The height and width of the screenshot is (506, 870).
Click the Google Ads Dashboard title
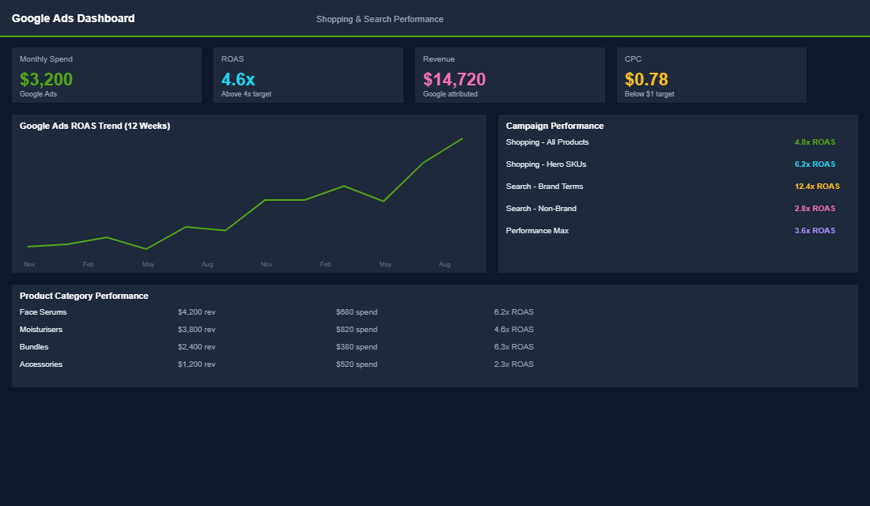coord(73,18)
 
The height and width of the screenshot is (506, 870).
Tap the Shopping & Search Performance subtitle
coord(380,19)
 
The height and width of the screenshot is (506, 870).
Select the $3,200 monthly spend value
coord(46,79)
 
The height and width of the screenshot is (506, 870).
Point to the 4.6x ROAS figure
coord(238,79)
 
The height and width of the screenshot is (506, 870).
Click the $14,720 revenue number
coord(454,79)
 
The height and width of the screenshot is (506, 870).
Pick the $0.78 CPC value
coord(646,79)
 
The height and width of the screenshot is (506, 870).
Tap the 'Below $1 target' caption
coord(649,94)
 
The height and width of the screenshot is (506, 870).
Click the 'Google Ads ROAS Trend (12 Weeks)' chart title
coord(95,126)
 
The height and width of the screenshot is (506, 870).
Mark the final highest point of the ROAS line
coord(463,138)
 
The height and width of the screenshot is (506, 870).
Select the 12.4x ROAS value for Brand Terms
coord(817,187)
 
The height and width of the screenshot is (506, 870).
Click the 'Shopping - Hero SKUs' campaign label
coord(546,164)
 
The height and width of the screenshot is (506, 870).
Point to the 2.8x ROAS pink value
coord(815,209)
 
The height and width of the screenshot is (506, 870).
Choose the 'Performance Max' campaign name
coord(537,231)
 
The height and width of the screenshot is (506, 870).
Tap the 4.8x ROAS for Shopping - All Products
coord(815,142)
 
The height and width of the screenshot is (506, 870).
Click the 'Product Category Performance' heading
coord(84,296)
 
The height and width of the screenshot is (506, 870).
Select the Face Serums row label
coord(43,312)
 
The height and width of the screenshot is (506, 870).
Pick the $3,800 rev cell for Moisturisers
coord(196,330)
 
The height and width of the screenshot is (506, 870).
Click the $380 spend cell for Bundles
coord(356,347)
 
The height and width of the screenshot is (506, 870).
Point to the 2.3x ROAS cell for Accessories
coord(513,364)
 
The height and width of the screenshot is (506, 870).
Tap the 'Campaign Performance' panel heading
coord(554,126)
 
